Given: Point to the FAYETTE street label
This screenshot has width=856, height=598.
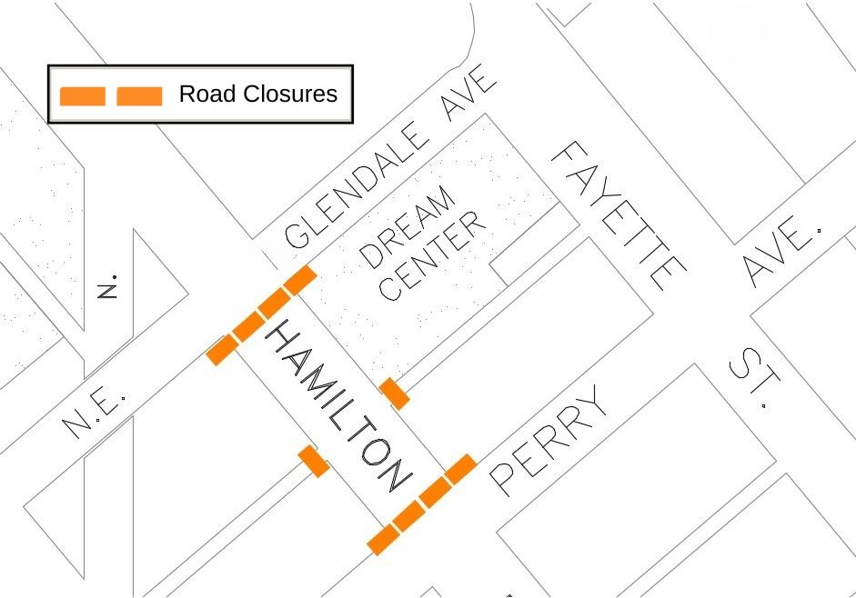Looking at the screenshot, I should pyautogui.click(x=619, y=214).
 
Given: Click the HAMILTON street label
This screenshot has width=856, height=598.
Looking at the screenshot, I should pyautogui.click(x=337, y=405).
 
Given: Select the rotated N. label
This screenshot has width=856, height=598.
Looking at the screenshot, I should pyautogui.click(x=109, y=285).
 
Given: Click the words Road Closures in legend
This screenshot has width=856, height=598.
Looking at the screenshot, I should pyautogui.click(x=257, y=94).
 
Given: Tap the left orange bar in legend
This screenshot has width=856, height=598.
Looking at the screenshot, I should pyautogui.click(x=83, y=95).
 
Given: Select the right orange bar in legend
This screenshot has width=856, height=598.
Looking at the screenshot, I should pyautogui.click(x=139, y=95).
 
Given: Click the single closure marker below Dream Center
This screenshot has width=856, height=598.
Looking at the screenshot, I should pyautogui.click(x=394, y=394).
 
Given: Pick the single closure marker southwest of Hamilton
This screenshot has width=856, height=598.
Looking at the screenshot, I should pyautogui.click(x=314, y=461).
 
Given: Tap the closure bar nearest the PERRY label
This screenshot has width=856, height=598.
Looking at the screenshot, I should pyautogui.click(x=460, y=468).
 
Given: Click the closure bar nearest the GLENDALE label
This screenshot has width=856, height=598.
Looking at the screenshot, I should pyautogui.click(x=299, y=280).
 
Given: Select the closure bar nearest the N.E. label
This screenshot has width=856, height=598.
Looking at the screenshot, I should pyautogui.click(x=220, y=349).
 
